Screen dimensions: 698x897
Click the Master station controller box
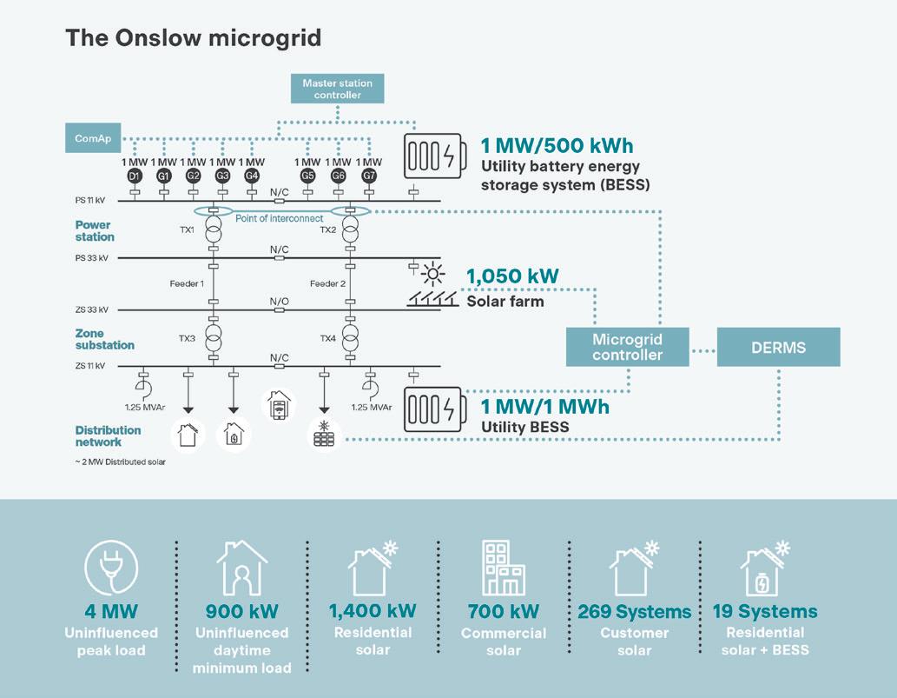[x=337, y=89]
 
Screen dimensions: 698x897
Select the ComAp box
[x=92, y=138]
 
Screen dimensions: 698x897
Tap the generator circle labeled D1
[x=134, y=176]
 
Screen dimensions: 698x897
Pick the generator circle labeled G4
[x=252, y=176]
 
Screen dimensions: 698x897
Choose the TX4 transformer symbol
[x=350, y=336]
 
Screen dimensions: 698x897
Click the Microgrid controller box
[x=627, y=347]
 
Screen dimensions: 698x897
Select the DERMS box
[x=778, y=347]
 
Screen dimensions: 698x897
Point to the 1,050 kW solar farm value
[x=512, y=277]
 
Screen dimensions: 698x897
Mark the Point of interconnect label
[x=279, y=217]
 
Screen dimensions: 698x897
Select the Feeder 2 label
[x=327, y=284]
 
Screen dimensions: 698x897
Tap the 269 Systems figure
[x=635, y=612]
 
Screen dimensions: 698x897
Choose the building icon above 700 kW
[x=503, y=568]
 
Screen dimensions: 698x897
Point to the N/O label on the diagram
[x=279, y=302]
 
